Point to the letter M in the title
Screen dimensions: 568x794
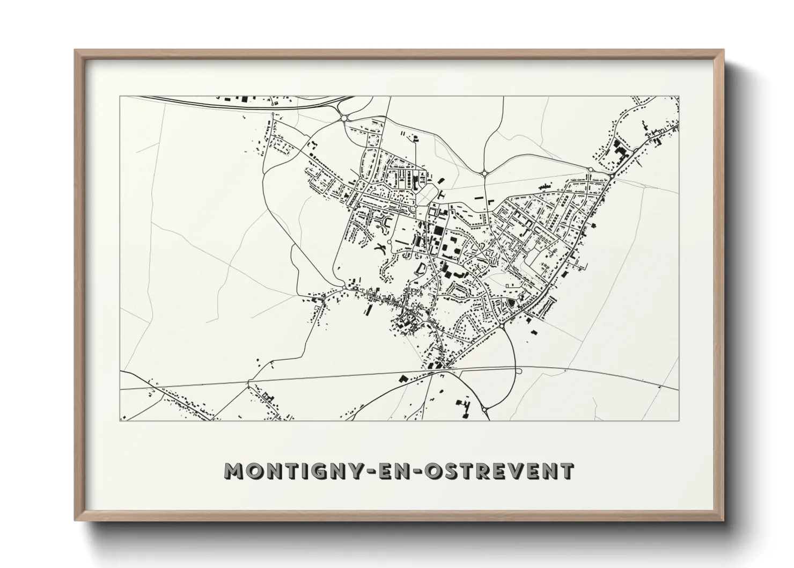234,471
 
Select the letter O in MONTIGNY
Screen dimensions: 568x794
255,471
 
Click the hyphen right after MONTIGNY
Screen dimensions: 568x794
374,471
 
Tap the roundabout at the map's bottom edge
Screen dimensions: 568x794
485,410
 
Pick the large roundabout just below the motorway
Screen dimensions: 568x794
344,118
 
